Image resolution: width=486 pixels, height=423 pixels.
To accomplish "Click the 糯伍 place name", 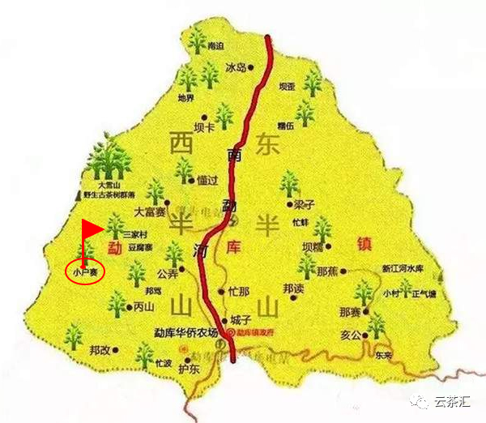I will (284, 126).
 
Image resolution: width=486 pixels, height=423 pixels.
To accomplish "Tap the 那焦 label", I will (327, 271).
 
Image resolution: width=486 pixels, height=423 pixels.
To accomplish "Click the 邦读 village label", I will (294, 287).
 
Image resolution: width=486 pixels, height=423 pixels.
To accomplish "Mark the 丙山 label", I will (143, 307).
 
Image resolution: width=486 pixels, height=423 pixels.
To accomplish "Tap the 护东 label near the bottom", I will (188, 370).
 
